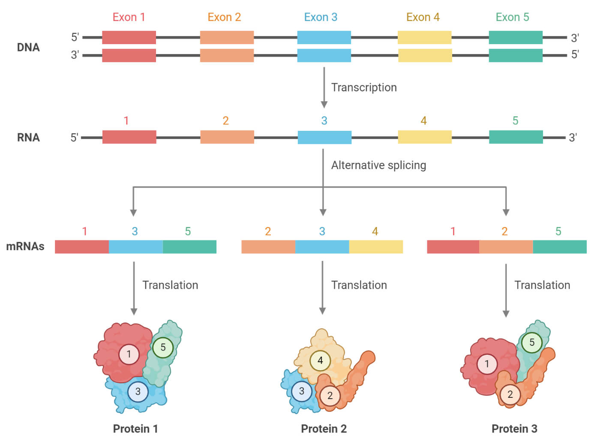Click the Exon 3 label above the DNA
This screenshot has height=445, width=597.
click(x=321, y=17)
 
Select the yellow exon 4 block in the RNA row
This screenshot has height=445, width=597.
click(x=425, y=137)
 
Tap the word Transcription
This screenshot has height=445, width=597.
click(x=364, y=88)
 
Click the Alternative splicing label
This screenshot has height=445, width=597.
click(x=378, y=165)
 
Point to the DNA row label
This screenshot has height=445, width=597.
click(x=28, y=47)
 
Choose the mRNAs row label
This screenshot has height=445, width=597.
click(x=25, y=246)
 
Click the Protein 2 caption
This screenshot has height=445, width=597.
click(x=324, y=429)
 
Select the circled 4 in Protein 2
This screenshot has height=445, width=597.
click(x=320, y=360)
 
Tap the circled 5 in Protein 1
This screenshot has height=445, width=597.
click(x=162, y=347)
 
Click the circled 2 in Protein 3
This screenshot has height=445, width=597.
click(x=510, y=394)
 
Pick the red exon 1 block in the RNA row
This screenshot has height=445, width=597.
click(x=129, y=137)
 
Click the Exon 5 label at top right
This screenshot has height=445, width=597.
click(x=512, y=17)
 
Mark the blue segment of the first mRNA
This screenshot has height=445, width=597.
click(x=135, y=247)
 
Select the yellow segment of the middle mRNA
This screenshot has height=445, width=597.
click(x=376, y=247)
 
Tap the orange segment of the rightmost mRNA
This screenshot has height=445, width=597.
click(x=506, y=247)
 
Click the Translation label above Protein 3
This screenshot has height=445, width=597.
click(x=542, y=285)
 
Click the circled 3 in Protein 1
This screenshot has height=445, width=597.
click(x=138, y=391)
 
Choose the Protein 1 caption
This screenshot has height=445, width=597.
click(x=135, y=429)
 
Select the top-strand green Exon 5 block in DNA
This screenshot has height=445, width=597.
click(x=516, y=38)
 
